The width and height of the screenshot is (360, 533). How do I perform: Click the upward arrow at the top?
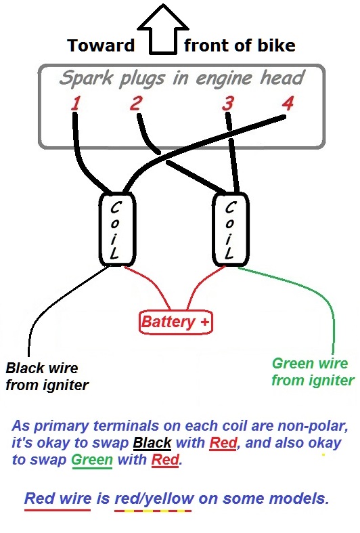point(163,30)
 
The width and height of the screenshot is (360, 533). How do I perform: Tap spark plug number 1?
point(76,104)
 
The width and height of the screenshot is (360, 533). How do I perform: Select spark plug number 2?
point(135,103)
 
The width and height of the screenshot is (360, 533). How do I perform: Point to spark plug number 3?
point(228,104)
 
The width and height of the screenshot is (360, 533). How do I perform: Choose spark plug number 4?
point(288,103)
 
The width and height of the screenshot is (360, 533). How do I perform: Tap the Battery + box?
point(176,322)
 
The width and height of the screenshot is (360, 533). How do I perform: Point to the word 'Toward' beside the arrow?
point(102,45)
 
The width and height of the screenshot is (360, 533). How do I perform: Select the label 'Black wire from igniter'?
point(47,377)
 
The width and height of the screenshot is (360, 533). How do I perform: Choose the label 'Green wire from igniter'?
point(313,372)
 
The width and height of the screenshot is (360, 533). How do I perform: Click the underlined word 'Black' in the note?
point(152,442)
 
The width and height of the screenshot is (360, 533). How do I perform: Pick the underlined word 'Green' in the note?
point(92,460)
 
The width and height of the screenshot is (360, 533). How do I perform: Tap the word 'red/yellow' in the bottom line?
point(154,498)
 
